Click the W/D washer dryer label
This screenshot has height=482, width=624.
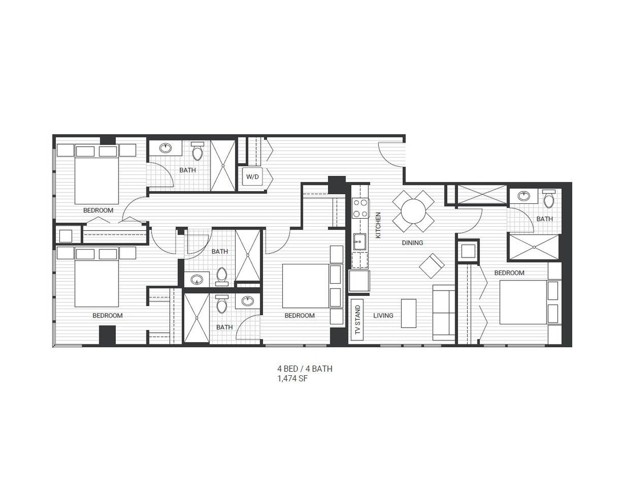pos(252,177)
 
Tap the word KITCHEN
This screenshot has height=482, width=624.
pos(378,226)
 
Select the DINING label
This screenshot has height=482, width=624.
pos(412,243)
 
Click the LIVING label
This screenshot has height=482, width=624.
pos(383,315)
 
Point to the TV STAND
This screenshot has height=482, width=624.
pos(357,320)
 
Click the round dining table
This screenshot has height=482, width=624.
pos(413,211)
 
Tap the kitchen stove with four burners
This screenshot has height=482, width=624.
pos(359,208)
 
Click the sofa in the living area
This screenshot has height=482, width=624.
pos(444,312)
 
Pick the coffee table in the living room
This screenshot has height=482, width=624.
pos(408,313)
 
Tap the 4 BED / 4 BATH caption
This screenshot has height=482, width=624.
pos(304,369)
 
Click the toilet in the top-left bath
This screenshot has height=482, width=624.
pos(197,151)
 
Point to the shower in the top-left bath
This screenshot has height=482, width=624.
pos(223,166)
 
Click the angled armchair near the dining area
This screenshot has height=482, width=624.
pos(432,265)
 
